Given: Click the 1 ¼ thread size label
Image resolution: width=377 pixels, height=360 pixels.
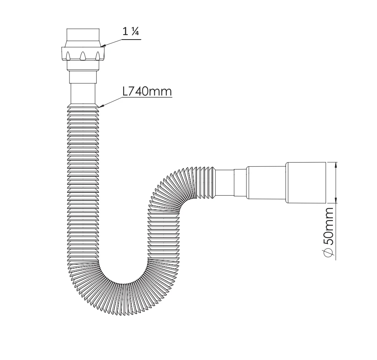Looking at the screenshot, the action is (x=131, y=32).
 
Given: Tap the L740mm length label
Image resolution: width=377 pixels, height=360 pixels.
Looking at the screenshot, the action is (x=147, y=91).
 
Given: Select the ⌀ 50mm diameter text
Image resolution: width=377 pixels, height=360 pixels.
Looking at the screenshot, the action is (x=328, y=232).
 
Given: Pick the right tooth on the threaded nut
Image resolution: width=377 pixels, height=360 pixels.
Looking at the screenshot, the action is (x=98, y=56).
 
